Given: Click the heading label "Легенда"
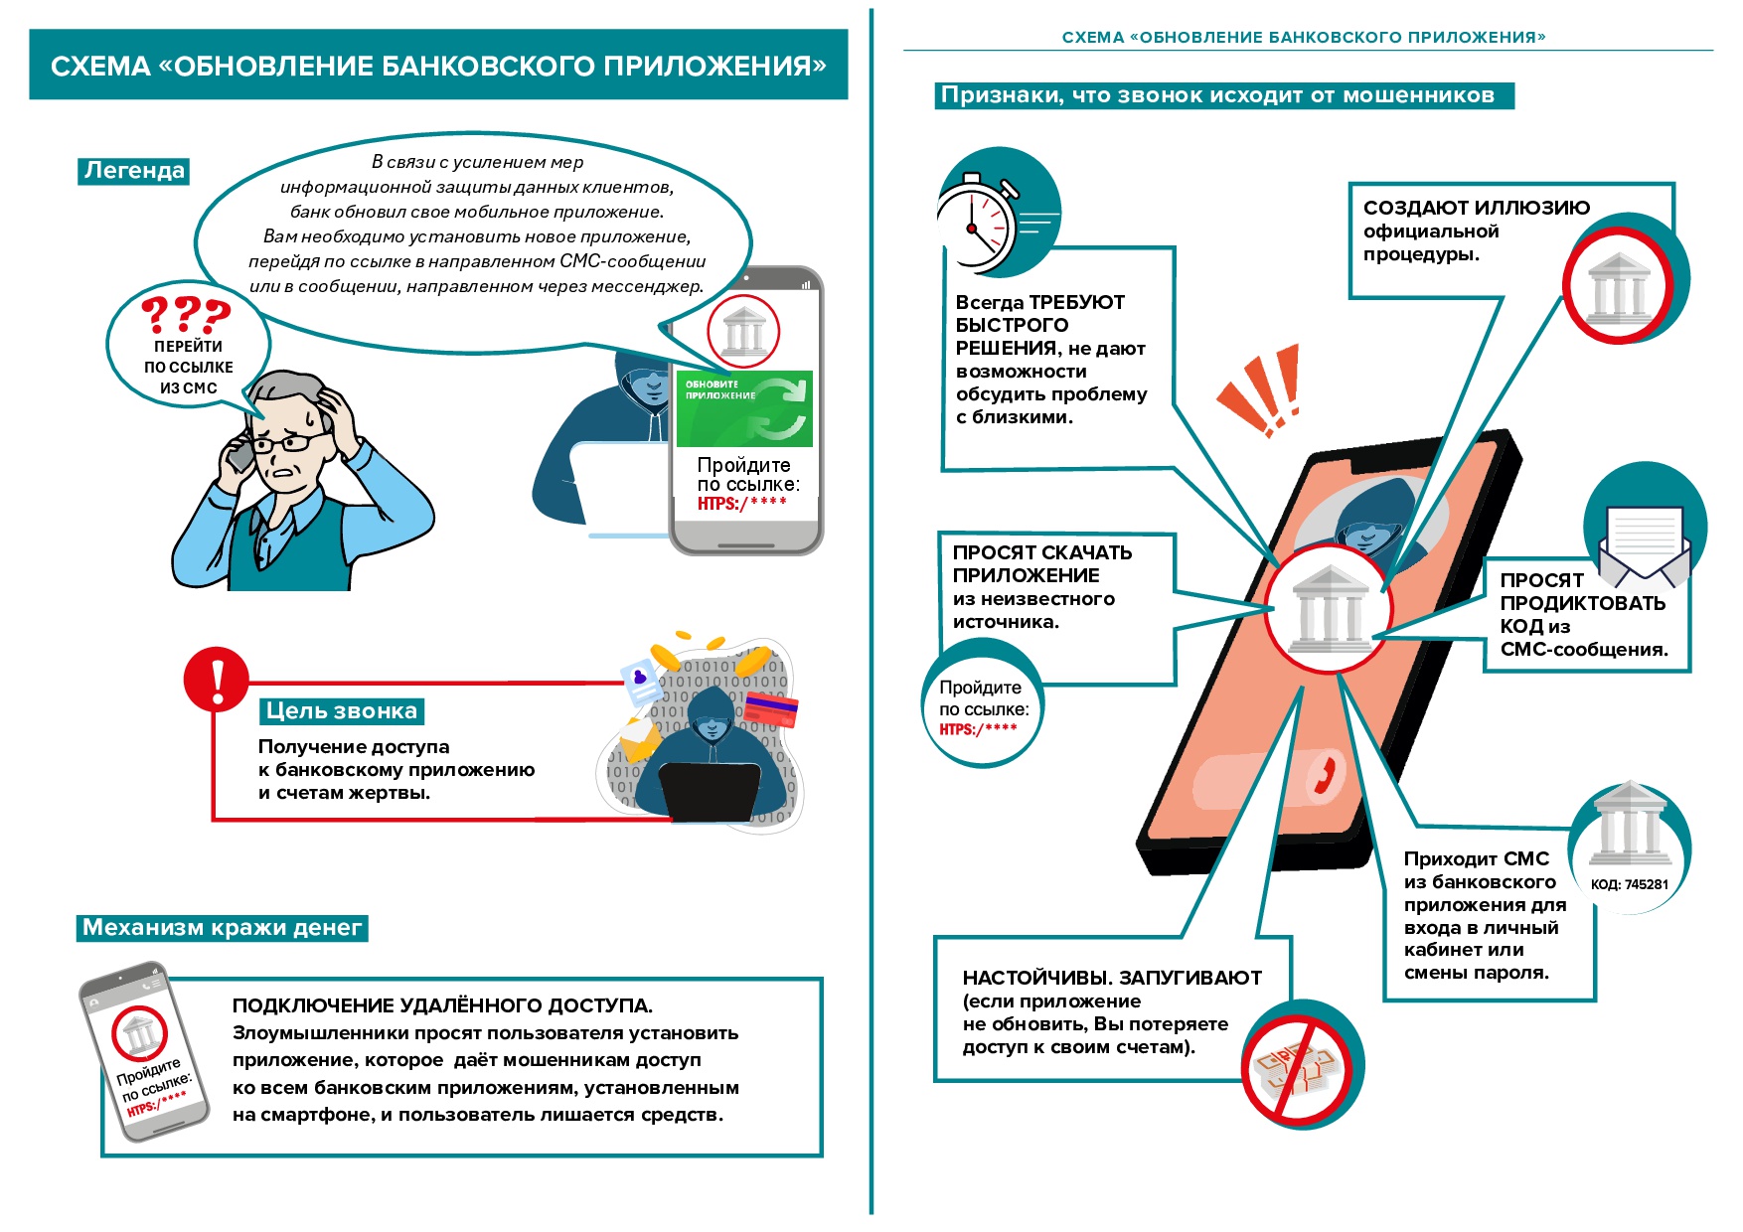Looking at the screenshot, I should (133, 171).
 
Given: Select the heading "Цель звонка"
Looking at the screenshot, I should (341, 711).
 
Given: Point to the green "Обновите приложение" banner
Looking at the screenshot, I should (744, 408).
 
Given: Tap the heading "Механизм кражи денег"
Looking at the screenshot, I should (222, 928).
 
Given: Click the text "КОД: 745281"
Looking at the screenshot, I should (1629, 884).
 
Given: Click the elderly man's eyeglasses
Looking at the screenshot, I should (288, 441).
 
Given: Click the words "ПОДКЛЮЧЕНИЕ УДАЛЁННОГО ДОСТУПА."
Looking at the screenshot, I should (442, 1005).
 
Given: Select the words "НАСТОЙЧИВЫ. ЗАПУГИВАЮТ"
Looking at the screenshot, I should (1112, 978).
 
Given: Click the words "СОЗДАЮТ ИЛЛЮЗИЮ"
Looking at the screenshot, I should (1476, 208).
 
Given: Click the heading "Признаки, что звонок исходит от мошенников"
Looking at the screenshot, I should (1217, 95).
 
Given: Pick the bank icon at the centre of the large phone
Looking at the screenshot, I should (1329, 608).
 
